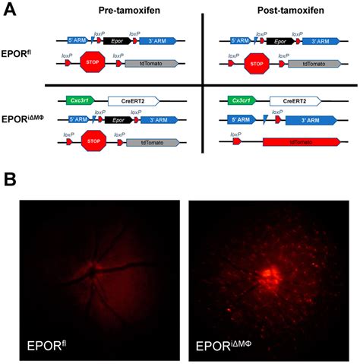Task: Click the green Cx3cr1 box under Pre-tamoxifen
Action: point(78,100)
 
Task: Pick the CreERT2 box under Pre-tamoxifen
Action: point(133,100)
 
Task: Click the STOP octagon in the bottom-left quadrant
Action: point(94,141)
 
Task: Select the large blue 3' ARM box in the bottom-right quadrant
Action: point(308,120)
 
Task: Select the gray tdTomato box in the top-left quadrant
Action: point(149,65)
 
